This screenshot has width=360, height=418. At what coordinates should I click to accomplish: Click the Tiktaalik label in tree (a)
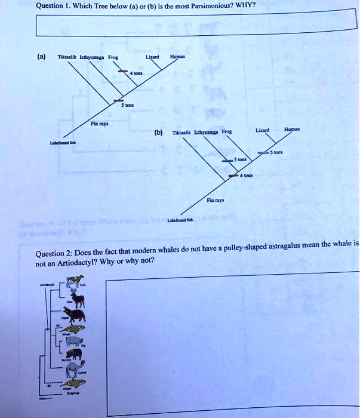pyautogui.click(x=66, y=58)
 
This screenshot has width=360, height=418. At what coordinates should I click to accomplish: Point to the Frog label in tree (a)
pyautogui.click(x=112, y=58)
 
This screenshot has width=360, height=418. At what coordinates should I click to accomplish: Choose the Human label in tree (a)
pyautogui.click(x=178, y=57)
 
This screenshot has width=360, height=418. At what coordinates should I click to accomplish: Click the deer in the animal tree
pyautogui.click(x=78, y=296)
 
